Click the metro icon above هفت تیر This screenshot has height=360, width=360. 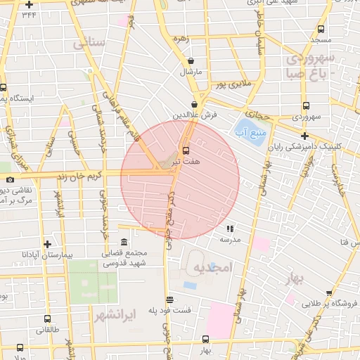[186, 150]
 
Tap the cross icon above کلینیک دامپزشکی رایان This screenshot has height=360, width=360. [304, 136]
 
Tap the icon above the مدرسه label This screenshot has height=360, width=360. [230, 228]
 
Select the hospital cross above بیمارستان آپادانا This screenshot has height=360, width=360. [47, 243]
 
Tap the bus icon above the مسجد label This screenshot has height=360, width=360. [321, 30]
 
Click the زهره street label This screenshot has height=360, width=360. [185, 39]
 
